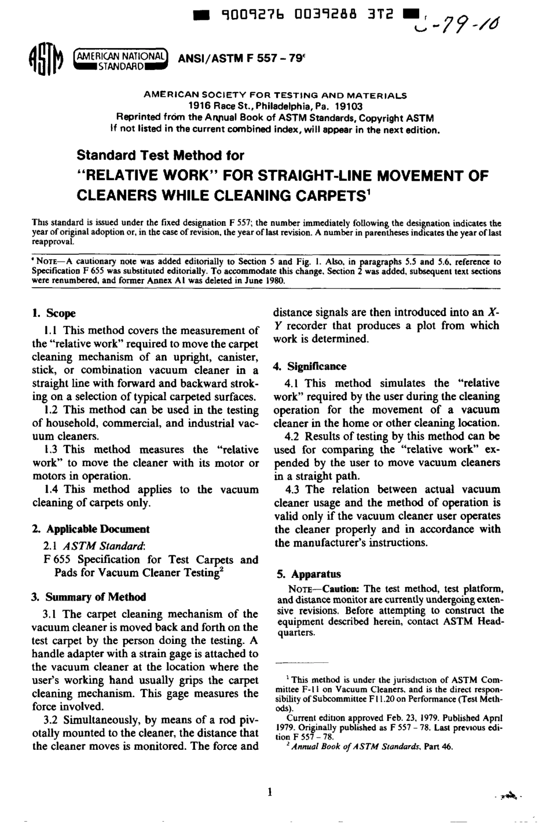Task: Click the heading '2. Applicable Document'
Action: coord(91,529)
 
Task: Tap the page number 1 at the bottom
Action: coord(269,792)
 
